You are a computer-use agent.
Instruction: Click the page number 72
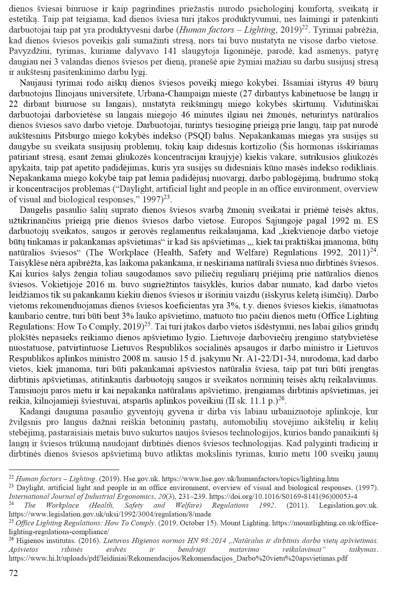coord(13,573)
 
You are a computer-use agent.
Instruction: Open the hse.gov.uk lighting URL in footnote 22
coord(250,479)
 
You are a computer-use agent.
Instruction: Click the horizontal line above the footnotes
coord(64,469)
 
